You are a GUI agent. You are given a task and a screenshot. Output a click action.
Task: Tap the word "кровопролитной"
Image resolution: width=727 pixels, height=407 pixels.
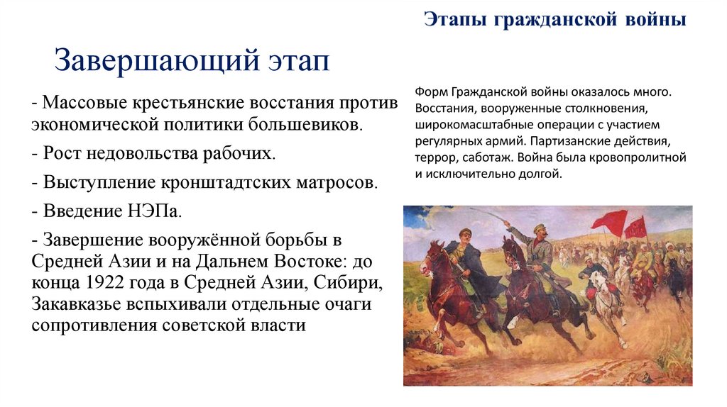pos(645,158)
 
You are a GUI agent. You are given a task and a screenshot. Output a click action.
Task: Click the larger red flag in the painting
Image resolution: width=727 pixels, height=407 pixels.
pos(609,222)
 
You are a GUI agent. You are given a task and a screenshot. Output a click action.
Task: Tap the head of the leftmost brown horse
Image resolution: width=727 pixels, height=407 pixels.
pos(428,260)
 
